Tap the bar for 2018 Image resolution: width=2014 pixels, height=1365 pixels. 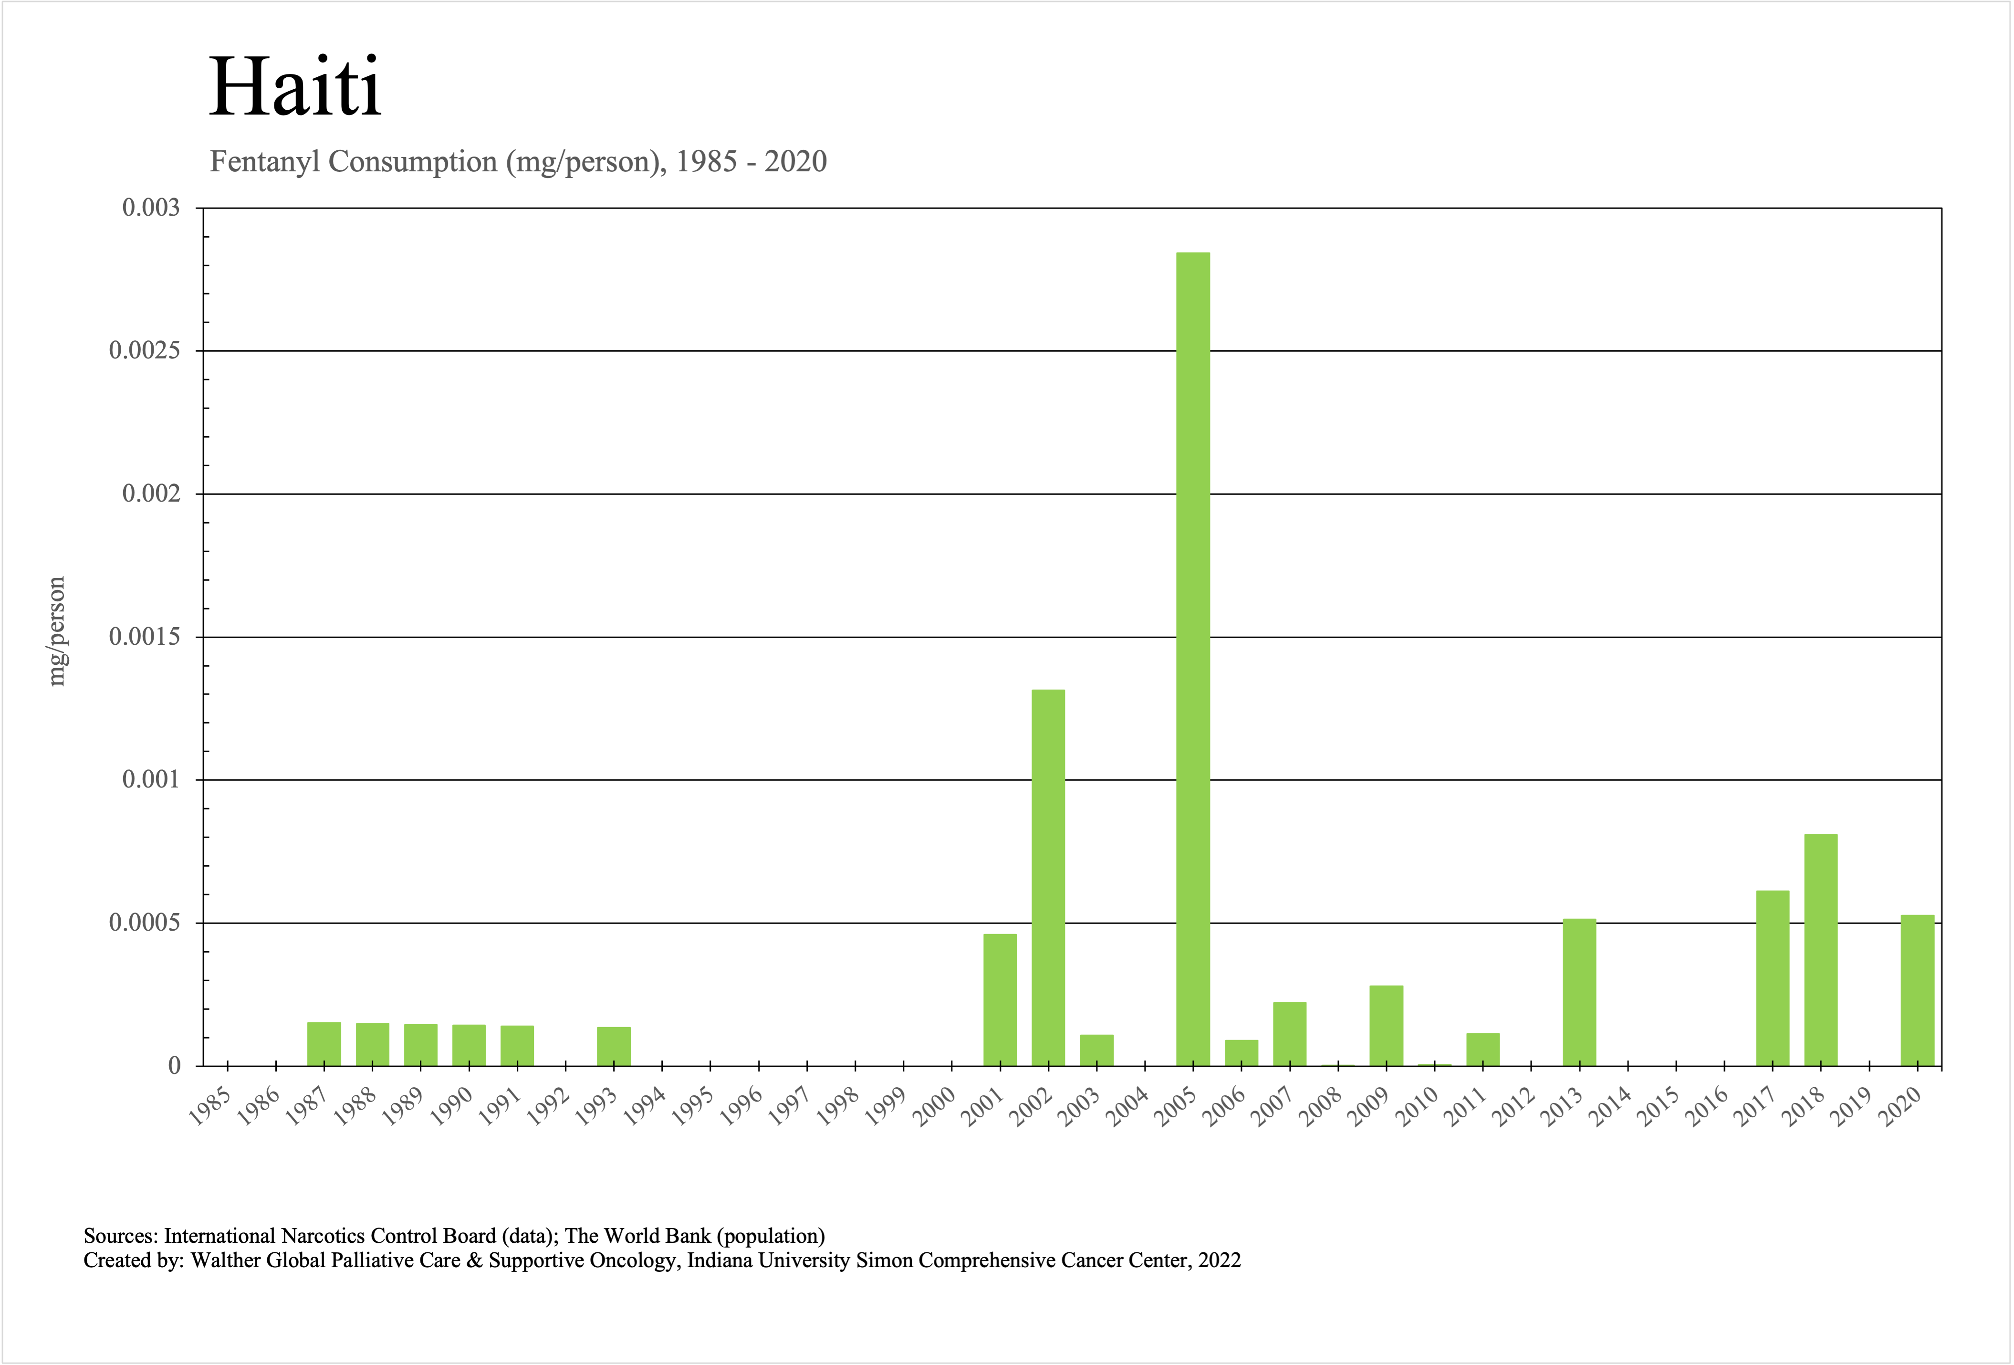click(1821, 950)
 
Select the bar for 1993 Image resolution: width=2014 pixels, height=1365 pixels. click(614, 1046)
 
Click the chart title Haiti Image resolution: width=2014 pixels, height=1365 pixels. click(295, 87)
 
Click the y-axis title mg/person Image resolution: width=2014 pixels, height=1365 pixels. click(56, 632)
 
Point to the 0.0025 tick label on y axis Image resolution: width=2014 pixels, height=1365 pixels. click(145, 351)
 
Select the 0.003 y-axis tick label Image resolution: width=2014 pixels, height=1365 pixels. click(151, 208)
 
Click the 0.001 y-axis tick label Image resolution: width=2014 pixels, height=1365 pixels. click(151, 780)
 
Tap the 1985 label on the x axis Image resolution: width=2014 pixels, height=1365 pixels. click(210, 1107)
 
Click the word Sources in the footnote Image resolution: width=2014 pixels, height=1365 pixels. click(119, 1236)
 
